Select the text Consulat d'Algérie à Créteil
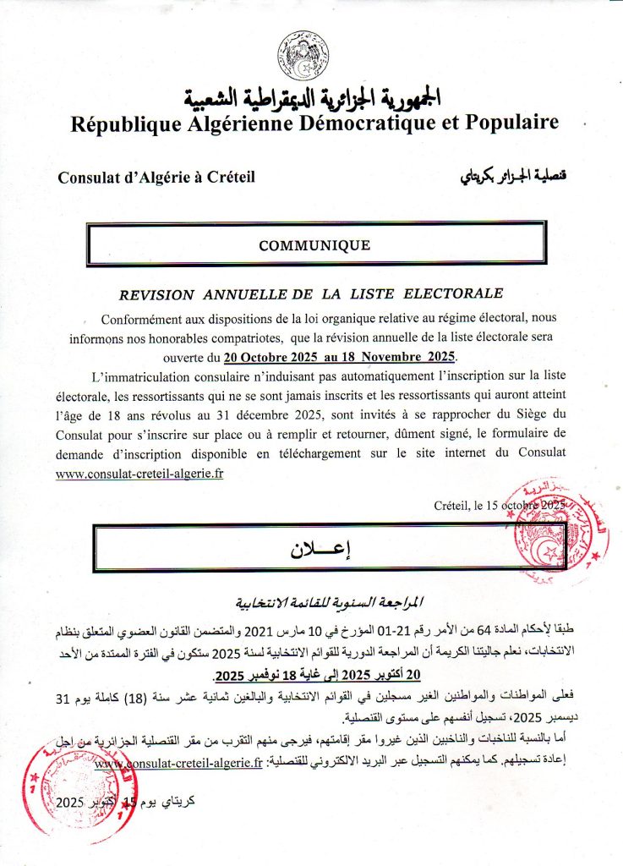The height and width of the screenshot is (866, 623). (156, 178)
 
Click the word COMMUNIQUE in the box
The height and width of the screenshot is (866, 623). (314, 245)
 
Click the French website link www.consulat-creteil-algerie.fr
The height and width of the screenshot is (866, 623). (139, 474)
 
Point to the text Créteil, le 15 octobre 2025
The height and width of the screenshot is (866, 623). (499, 505)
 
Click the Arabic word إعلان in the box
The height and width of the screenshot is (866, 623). (314, 548)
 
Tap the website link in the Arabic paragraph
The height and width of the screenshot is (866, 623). (177, 765)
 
